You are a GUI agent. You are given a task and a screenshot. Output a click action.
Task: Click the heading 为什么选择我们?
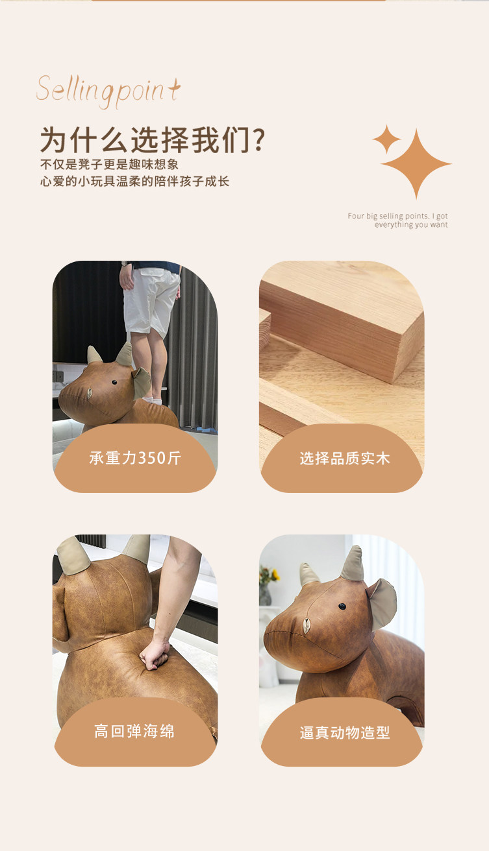153,140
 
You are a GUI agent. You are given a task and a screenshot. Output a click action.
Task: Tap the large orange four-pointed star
416,163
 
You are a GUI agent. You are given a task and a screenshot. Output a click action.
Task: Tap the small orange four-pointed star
386,139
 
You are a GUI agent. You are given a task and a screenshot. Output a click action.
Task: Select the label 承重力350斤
135,458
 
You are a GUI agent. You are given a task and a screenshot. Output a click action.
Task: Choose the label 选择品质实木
345,459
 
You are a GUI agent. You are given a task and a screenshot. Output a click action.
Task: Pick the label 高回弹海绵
134,732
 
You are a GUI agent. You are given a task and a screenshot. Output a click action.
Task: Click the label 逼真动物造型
345,732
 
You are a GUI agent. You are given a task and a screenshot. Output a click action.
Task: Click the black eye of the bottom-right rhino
342,606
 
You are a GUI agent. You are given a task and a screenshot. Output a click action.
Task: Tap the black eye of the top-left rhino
114,382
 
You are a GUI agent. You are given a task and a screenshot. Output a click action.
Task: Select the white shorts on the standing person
151,301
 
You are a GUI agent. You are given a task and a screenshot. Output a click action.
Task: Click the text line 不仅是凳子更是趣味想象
110,165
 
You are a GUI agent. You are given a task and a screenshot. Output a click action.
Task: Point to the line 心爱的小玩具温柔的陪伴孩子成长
134,182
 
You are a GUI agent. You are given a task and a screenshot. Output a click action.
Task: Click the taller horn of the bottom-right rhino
353,564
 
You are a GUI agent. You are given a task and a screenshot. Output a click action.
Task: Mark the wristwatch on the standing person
124,263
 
